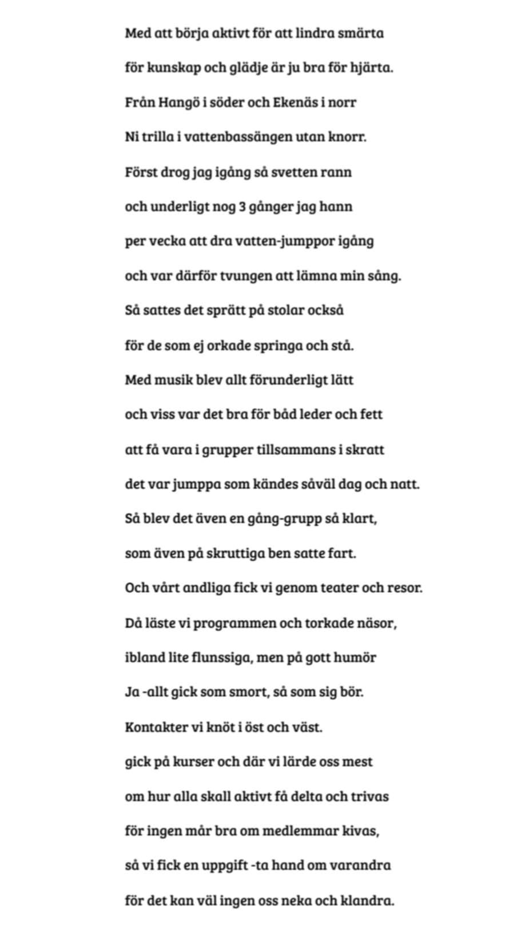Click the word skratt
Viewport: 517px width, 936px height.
click(x=365, y=450)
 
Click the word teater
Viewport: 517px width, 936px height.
click(x=337, y=588)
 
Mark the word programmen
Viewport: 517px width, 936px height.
click(x=234, y=623)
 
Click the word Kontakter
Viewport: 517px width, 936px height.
click(x=156, y=727)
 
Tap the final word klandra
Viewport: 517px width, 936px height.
click(x=367, y=901)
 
